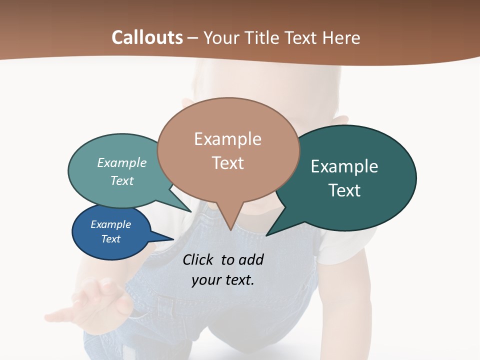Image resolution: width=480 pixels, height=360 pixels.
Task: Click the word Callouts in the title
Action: coord(147,37)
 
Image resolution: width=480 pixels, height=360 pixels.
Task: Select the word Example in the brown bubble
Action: coord(227,139)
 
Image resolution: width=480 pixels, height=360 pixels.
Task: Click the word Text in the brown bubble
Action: coord(227,163)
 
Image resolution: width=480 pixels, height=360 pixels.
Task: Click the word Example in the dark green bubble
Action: coord(344,166)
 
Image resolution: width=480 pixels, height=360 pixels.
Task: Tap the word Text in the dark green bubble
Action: coord(344,190)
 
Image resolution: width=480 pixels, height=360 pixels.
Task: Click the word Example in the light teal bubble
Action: coord(122,163)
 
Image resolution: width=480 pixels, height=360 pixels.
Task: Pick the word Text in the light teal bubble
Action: coord(122,180)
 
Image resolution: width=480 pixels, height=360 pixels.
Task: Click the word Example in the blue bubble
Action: coord(110,224)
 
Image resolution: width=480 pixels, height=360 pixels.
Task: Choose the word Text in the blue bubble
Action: coord(110,239)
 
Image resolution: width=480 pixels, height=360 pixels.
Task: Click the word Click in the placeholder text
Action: coord(199,259)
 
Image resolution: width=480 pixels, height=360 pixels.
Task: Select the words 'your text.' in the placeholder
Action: coord(223,280)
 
